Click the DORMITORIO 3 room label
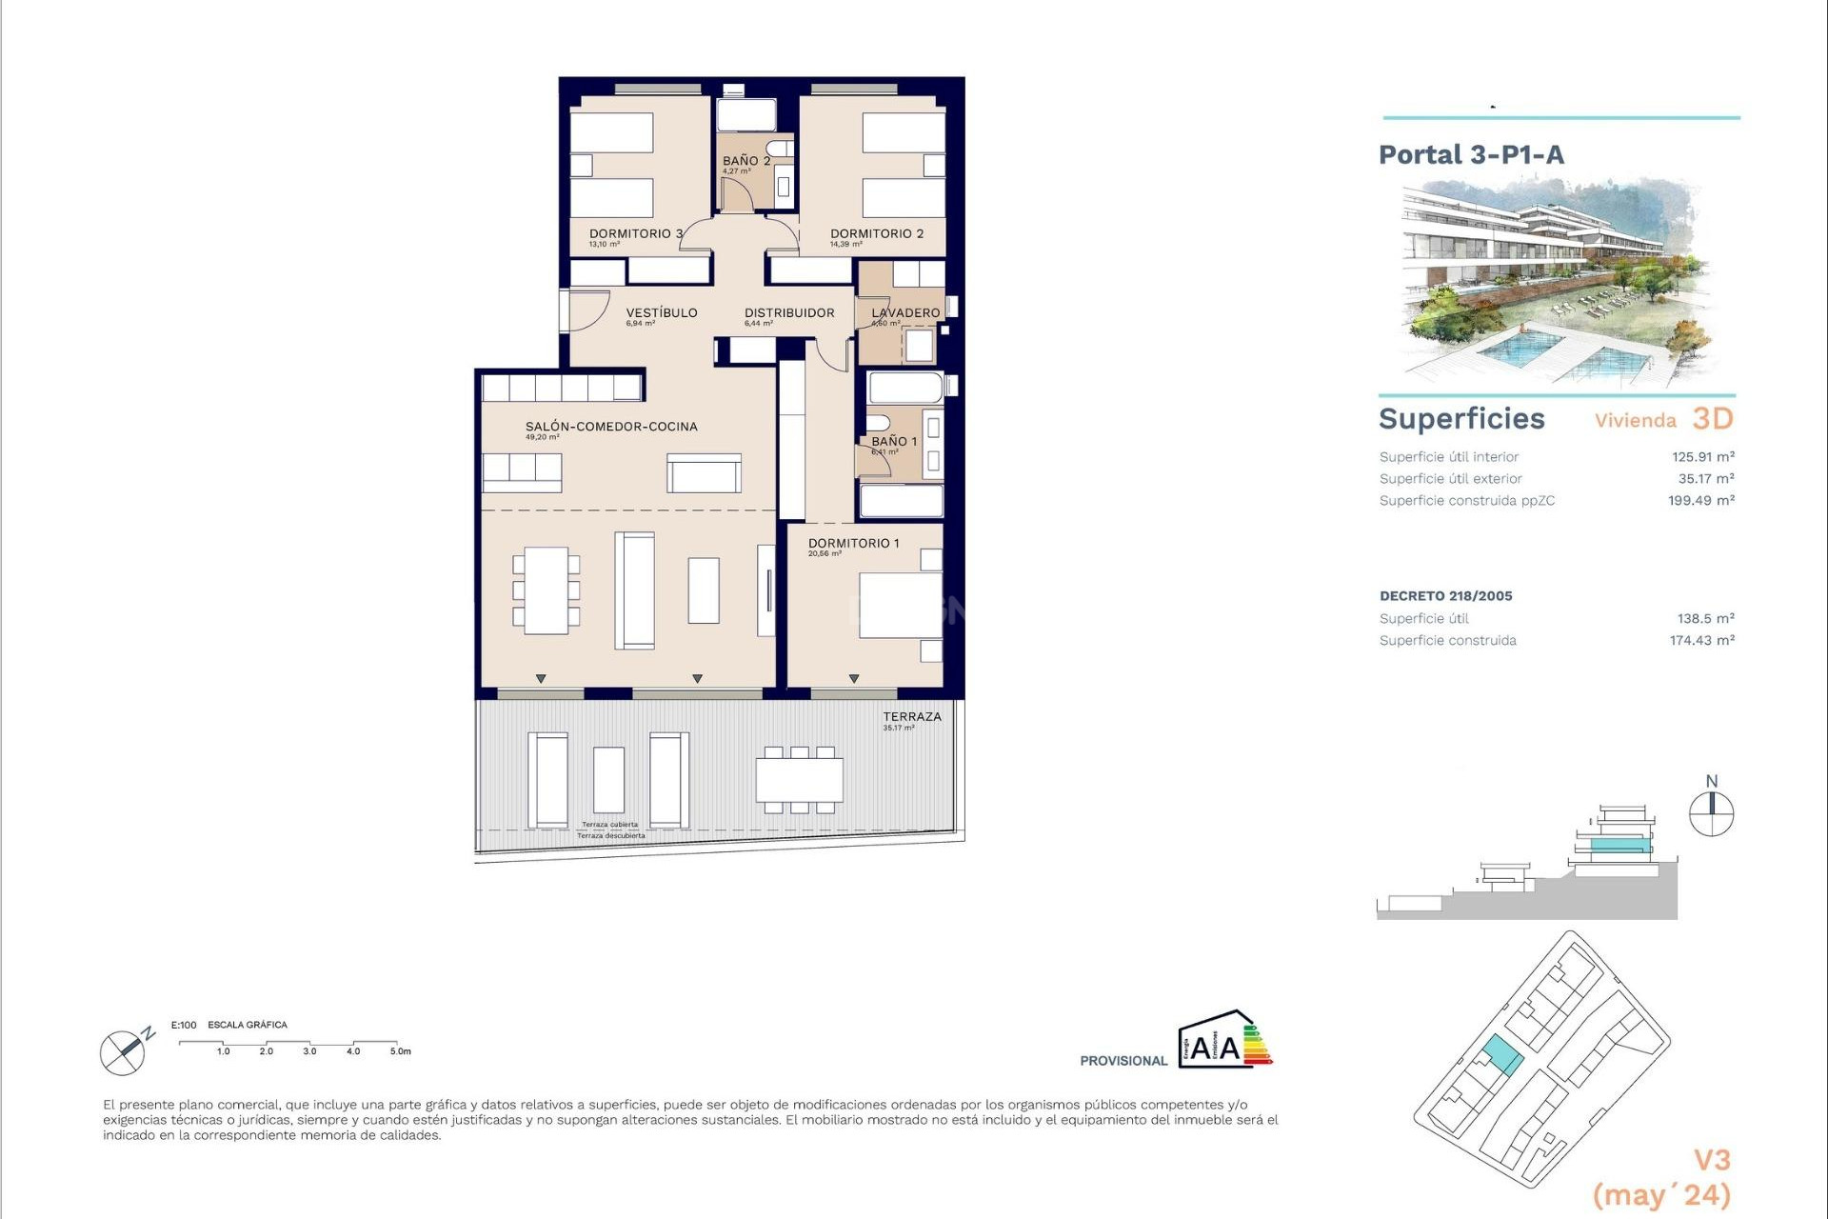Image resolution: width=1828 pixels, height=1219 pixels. tap(635, 233)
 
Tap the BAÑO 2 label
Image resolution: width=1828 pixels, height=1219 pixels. tap(745, 161)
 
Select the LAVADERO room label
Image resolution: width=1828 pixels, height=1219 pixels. tap(905, 312)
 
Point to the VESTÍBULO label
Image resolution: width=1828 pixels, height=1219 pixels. tap(662, 312)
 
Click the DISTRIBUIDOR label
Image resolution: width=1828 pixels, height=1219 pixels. tap(789, 312)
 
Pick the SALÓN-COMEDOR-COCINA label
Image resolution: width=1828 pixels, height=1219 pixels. tap(611, 427)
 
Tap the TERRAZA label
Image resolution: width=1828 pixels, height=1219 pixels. tap(911, 716)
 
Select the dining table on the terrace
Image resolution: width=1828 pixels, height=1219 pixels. tap(800, 780)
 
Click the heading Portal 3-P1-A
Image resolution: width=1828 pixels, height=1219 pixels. tap(1471, 155)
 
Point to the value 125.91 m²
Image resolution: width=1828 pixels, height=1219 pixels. tap(1702, 457)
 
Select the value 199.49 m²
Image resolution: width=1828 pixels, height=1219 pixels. tap(1700, 501)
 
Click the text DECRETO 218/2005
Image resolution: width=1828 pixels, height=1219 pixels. tap(1445, 596)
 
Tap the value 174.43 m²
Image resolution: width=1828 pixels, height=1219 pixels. tap(1701, 641)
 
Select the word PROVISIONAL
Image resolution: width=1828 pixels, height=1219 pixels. tap(1123, 1061)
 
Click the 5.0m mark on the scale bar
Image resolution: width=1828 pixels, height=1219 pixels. tap(400, 1051)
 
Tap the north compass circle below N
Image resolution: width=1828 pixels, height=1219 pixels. tap(1711, 815)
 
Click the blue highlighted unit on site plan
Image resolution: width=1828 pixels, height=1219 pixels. tap(1502, 1055)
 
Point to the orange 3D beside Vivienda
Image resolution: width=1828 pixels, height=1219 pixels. tap(1712, 419)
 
